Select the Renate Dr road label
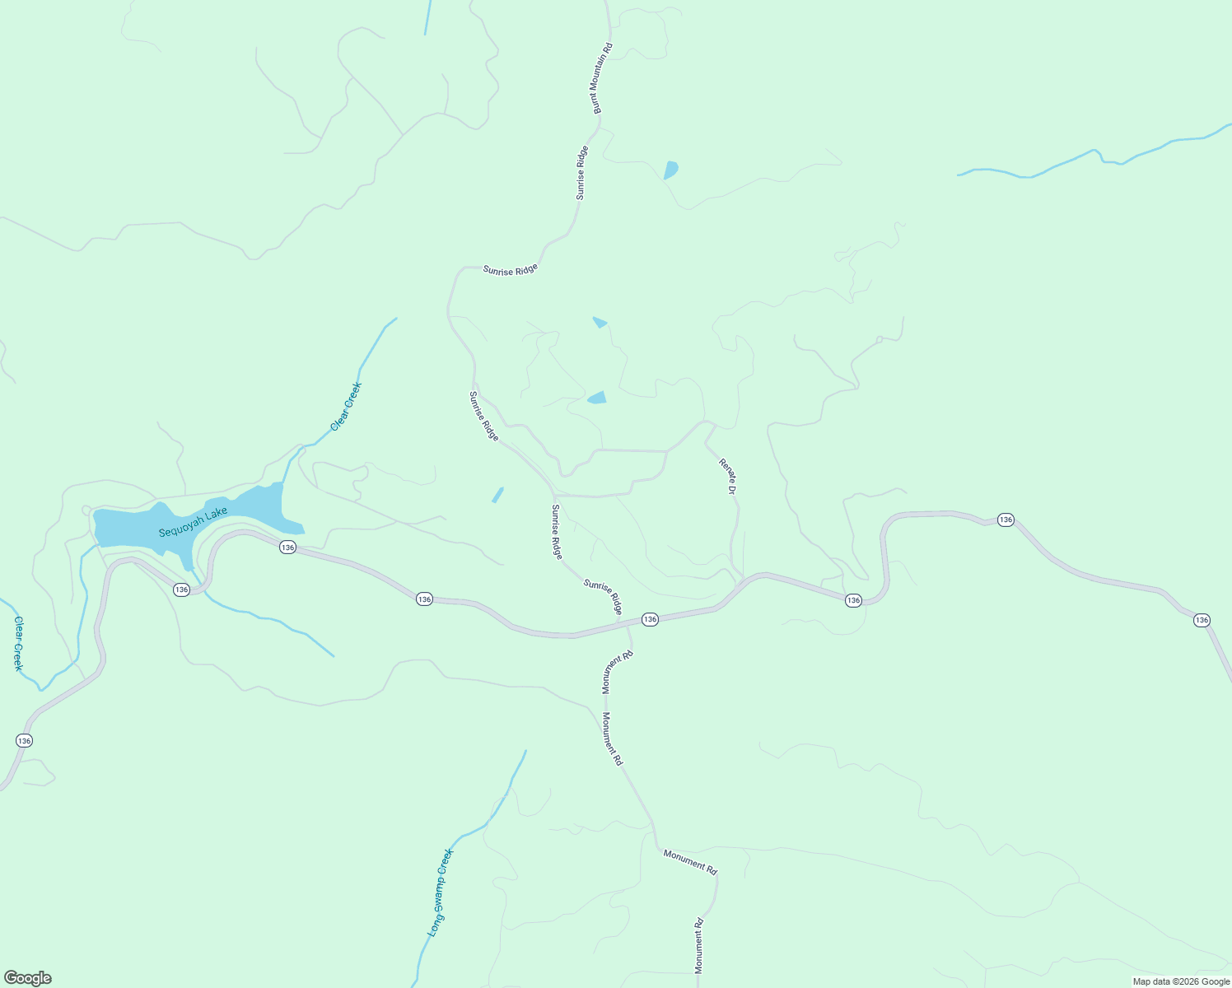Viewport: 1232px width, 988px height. (x=727, y=476)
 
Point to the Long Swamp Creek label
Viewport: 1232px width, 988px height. (x=441, y=892)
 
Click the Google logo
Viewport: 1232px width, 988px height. (x=27, y=978)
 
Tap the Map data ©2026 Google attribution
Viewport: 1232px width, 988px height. (x=1180, y=981)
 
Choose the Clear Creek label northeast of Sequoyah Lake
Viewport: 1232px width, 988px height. (x=346, y=407)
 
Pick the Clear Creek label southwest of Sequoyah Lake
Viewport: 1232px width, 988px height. (x=18, y=644)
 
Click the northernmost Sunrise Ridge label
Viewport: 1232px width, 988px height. (x=581, y=173)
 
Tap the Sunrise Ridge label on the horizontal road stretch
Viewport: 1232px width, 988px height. (x=510, y=270)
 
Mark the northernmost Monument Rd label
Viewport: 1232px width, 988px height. (x=616, y=672)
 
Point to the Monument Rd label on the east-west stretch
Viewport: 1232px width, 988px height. (x=690, y=862)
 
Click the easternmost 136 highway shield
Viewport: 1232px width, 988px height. (x=1202, y=620)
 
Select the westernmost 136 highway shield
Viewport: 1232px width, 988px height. (x=24, y=741)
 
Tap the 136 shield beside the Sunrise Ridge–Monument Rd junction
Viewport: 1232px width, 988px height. (x=650, y=619)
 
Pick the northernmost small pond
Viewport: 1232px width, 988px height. (x=670, y=170)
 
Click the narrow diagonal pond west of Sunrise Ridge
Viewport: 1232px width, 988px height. (x=497, y=495)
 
